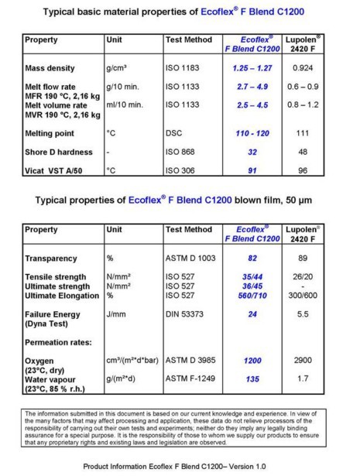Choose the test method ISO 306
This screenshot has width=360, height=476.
(x=182, y=171)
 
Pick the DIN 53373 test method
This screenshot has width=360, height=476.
(x=187, y=316)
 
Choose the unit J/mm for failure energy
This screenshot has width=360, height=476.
(x=115, y=316)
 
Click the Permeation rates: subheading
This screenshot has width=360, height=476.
(x=58, y=341)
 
